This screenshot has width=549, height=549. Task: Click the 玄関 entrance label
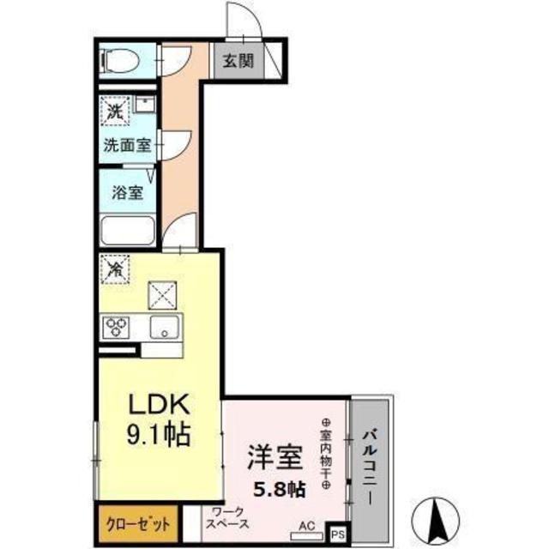(x=238, y=62)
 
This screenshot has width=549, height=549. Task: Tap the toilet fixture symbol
(x=120, y=61)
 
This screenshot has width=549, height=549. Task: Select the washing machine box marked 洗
(x=115, y=111)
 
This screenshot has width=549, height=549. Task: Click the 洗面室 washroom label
(x=127, y=145)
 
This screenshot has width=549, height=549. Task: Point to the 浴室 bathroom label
(x=128, y=192)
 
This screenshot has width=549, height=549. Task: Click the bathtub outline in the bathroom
(x=128, y=231)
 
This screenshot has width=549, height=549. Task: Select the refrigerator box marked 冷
(x=115, y=268)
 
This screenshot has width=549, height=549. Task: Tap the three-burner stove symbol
(x=116, y=327)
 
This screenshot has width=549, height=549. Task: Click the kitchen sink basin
(x=165, y=327)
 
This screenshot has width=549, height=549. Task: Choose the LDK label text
(x=160, y=404)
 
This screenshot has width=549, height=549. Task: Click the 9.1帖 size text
(x=159, y=435)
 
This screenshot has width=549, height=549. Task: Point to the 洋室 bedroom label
(x=275, y=457)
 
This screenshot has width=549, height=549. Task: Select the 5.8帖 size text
(x=280, y=490)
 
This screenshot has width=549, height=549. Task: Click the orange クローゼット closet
(x=138, y=524)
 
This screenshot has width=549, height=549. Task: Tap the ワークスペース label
(x=227, y=518)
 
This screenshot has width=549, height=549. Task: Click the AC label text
(x=307, y=526)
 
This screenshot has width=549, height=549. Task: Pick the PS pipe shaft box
(x=338, y=534)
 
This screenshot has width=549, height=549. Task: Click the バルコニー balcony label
(x=370, y=467)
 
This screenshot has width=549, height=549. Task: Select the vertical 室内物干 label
(x=326, y=454)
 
